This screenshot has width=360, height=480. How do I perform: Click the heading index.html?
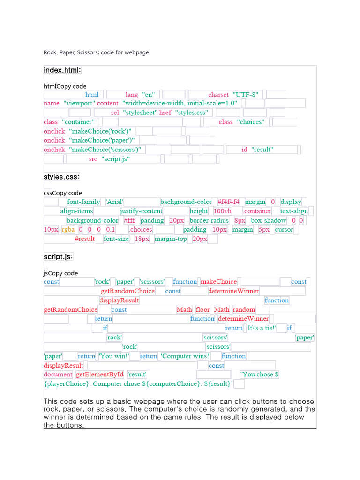tap(62, 70)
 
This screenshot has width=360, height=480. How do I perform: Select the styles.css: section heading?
tap(61, 177)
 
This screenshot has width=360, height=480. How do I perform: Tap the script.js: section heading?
tap(58, 257)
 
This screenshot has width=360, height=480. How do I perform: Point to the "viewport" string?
tap(79, 103)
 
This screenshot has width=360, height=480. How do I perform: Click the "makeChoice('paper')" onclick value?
tap(102, 140)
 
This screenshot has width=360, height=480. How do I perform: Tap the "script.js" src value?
tap(115, 159)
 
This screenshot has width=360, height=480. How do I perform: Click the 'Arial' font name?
tap(114, 202)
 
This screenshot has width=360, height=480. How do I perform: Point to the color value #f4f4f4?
tap(228, 202)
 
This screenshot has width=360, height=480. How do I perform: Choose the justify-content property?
tap(142, 211)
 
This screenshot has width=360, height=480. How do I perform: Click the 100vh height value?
tap(223, 211)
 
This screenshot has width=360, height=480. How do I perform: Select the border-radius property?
tap(209, 220)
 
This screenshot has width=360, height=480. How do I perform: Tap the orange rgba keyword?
tap(68, 230)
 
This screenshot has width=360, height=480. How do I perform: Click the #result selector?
tap(85, 239)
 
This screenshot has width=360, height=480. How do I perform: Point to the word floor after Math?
tap(203, 309)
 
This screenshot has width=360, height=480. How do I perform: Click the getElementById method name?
tap(100, 374)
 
